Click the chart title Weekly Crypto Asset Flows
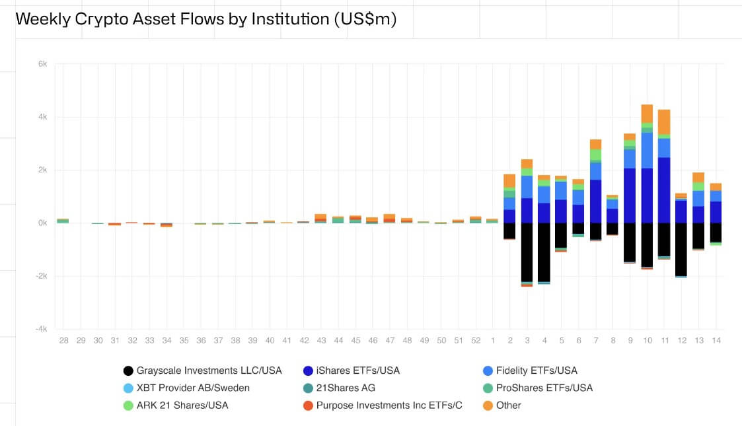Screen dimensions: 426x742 pos(205,19)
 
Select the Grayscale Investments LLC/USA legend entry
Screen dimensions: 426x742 pos(202,371)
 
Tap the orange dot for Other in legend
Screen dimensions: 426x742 pos(488,405)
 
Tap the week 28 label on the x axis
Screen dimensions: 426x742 pos(63,340)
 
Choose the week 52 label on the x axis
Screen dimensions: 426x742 pos(476,340)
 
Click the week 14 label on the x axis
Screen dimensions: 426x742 pos(716,340)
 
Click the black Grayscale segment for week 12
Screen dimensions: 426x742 pos(681,249)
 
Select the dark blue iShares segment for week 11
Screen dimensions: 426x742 pos(664,190)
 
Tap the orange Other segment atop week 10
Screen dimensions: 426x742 pos(647,114)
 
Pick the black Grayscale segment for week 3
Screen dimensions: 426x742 pos(527,252)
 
